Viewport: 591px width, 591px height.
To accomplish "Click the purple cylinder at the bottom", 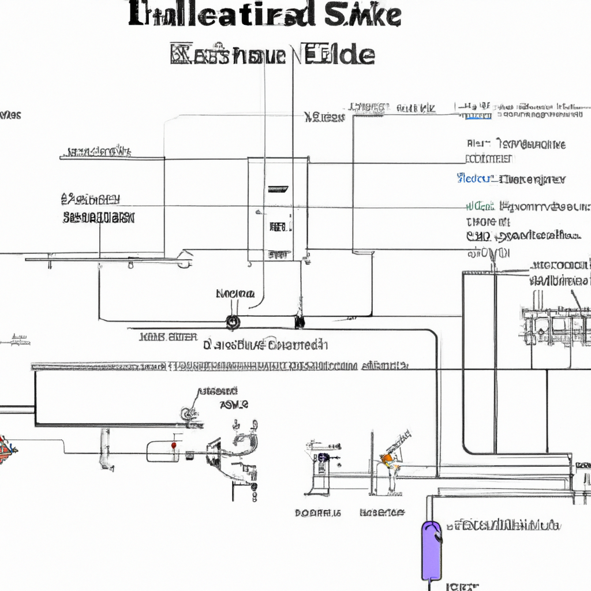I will tap(431, 551).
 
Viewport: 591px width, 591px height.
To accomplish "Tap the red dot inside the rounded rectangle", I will tap(173, 446).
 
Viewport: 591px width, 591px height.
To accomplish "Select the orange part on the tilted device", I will tap(387, 458).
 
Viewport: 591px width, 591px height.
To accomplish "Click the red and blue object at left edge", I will tap(7, 449).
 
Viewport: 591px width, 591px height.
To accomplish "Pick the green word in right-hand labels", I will tap(479, 206).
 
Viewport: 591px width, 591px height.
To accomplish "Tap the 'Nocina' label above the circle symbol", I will tap(235, 294).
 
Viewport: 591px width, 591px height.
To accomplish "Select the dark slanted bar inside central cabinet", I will tap(278, 189).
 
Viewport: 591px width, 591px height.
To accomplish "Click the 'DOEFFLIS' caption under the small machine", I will tap(317, 513).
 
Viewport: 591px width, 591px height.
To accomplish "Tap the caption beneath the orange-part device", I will tap(381, 513).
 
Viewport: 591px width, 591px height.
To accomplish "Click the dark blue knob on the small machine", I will tap(322, 458).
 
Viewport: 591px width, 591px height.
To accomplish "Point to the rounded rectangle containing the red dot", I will tap(164, 451).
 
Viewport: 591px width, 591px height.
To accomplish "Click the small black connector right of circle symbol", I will tap(299, 320).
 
